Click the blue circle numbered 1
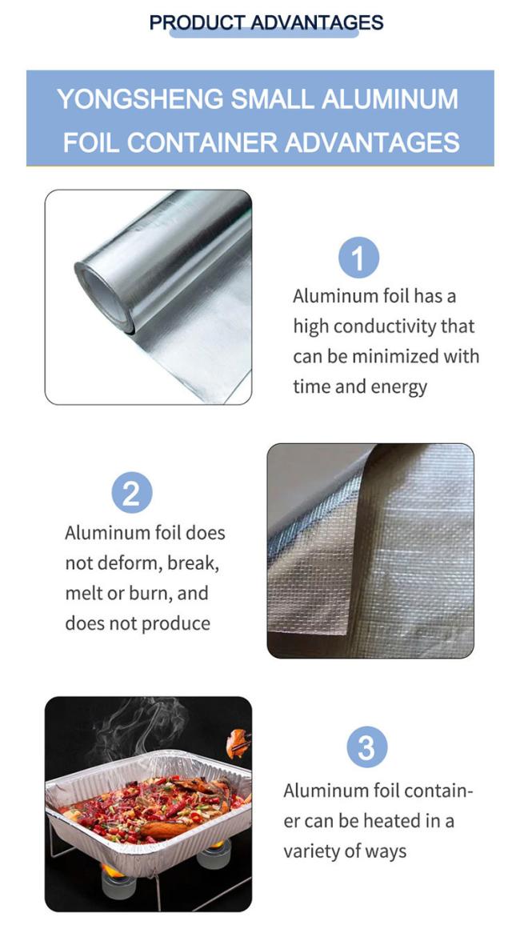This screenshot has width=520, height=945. (358, 258)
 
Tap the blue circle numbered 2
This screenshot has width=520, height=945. (132, 493)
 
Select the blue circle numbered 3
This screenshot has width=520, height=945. (367, 747)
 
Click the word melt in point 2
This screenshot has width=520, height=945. (82, 593)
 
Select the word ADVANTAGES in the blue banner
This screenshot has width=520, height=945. (372, 143)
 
